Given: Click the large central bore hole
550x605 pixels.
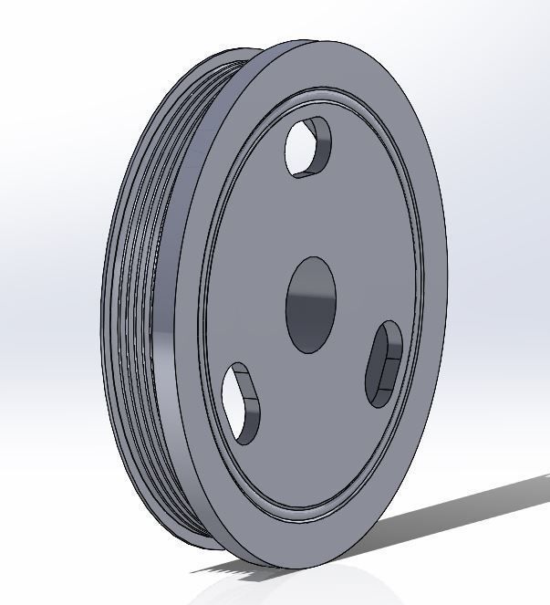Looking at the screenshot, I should point(311,304).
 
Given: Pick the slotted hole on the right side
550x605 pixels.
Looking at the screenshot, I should point(384,363).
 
